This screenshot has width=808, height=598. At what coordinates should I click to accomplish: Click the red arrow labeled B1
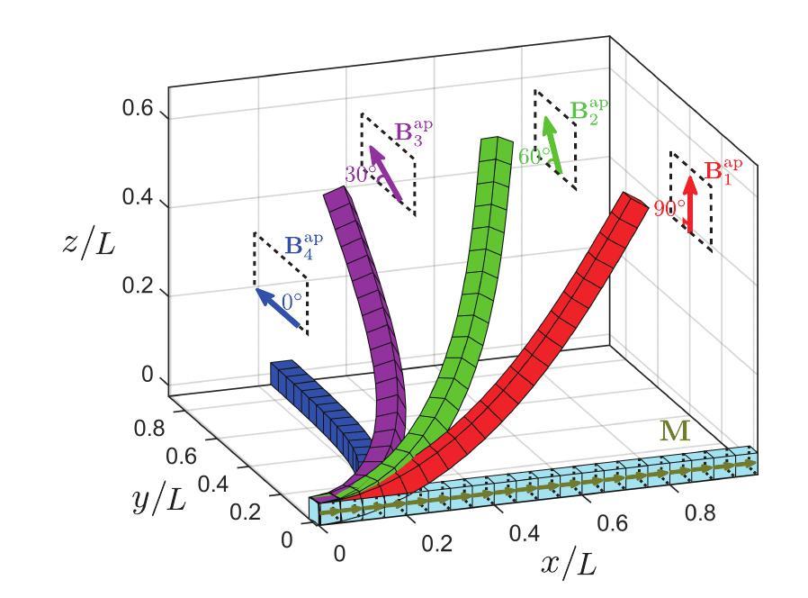pos(690,204)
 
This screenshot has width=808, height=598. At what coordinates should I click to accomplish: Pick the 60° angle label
pos(534,155)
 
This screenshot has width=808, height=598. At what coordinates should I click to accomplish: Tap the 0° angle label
pos(292,303)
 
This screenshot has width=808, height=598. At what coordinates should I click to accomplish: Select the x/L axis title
pos(566,566)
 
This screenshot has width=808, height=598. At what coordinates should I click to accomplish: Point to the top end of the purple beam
pos(334,194)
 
